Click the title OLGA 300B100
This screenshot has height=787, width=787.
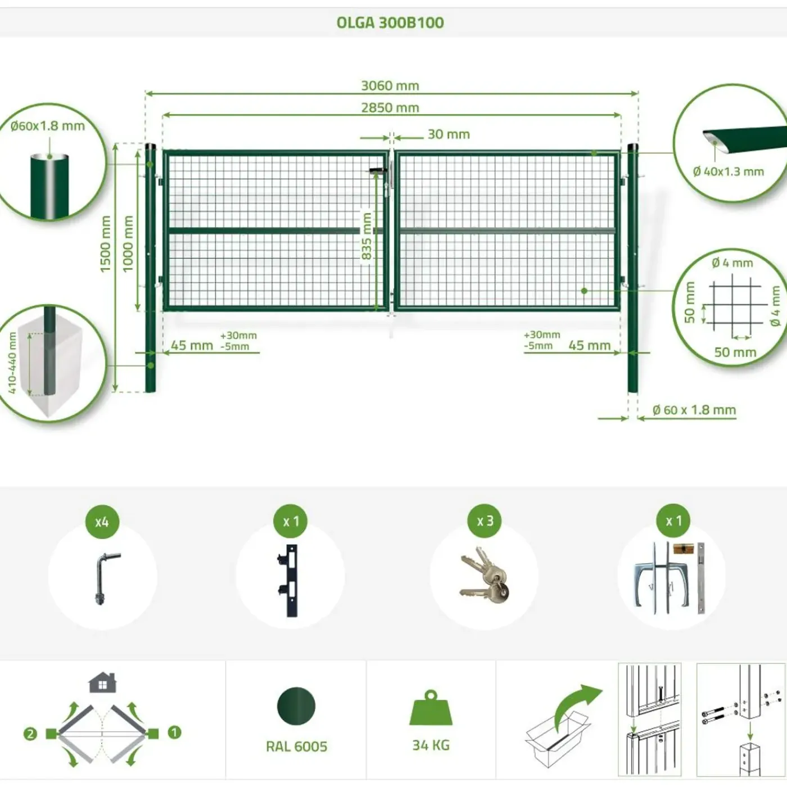point(390,22)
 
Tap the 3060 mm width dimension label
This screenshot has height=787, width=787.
point(390,86)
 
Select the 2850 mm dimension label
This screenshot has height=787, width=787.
point(390,108)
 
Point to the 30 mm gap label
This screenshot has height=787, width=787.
point(449,134)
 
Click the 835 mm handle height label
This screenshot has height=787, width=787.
point(367,236)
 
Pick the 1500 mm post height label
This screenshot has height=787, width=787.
point(105,244)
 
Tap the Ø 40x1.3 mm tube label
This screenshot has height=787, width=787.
point(728,171)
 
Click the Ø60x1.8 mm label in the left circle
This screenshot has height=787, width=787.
point(48,126)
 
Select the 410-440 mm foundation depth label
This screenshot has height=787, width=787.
point(12,363)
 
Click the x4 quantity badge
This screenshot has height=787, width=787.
point(102,522)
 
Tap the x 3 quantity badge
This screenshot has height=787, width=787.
point(485,521)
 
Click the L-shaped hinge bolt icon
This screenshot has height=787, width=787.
point(105,578)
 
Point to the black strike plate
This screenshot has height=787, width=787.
point(290,580)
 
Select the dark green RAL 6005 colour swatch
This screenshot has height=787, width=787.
point(296,705)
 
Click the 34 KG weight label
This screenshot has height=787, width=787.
point(431,745)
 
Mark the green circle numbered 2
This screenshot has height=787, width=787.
point(30,734)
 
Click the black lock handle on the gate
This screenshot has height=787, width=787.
point(378,171)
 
